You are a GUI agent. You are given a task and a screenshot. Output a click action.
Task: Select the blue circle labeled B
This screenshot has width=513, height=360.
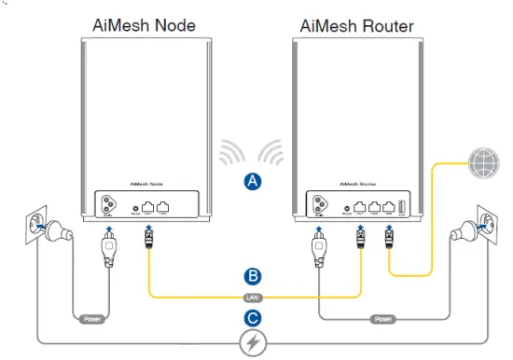tap(250, 277)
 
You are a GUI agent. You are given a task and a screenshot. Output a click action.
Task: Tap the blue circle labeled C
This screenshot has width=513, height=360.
tap(250, 316)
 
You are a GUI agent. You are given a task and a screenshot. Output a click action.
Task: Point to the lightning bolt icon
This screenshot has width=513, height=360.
tap(250, 344)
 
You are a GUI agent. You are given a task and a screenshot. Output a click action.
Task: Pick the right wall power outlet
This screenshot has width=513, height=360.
tap(488, 223)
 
